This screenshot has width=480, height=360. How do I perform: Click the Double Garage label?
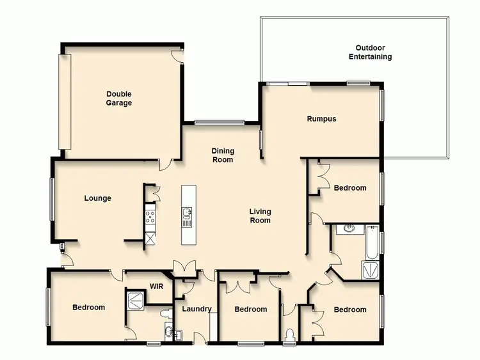[119, 98]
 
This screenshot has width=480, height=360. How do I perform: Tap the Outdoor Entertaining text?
[370, 52]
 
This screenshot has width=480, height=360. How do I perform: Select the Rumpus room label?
[321, 119]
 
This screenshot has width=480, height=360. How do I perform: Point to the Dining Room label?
[223, 155]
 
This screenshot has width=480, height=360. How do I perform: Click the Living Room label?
[260, 216]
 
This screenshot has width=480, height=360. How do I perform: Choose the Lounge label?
[97, 198]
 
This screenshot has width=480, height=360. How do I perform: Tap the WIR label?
[156, 286]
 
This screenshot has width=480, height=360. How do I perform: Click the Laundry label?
[196, 309]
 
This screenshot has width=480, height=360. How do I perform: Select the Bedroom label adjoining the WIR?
[88, 308]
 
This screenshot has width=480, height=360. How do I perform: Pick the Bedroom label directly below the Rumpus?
[350, 188]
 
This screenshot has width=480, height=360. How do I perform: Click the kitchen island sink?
[187, 213]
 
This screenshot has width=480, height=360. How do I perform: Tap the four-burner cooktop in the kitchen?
[150, 217]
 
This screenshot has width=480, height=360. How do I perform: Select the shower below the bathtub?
[371, 270]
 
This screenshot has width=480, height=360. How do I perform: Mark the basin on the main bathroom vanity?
[348, 228]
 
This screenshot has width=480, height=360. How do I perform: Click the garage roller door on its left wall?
[65, 102]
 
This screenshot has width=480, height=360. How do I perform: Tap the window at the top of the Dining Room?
[220, 122]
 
